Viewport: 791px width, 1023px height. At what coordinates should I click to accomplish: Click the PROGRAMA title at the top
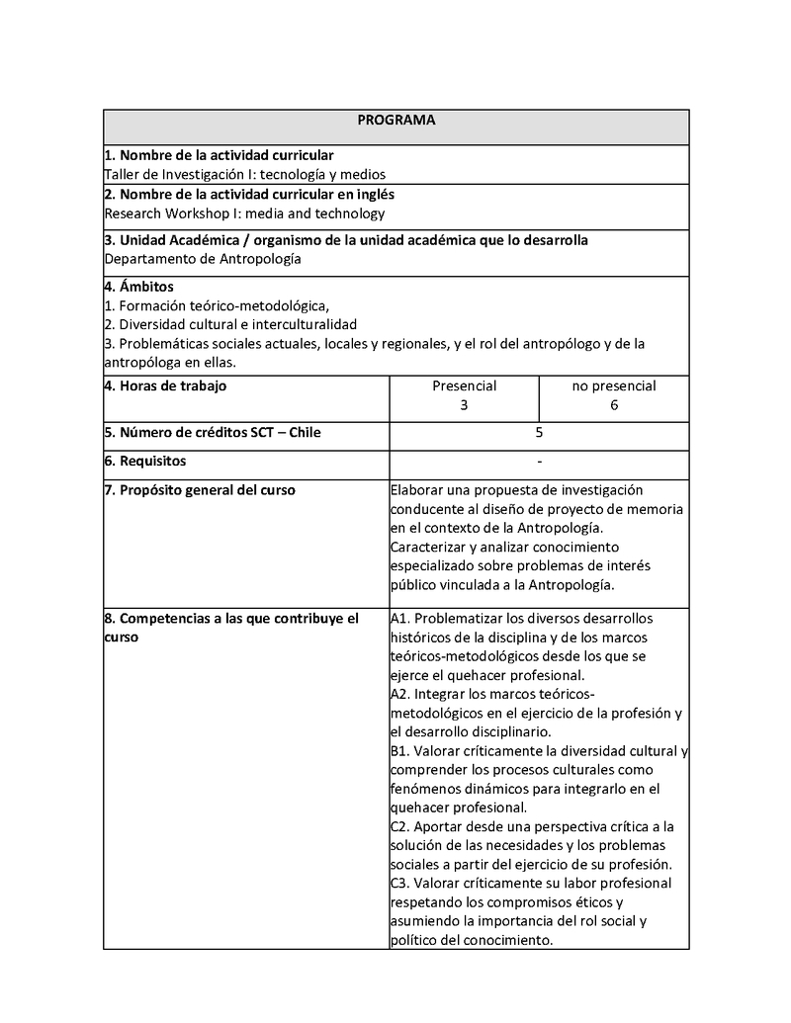[x=395, y=120]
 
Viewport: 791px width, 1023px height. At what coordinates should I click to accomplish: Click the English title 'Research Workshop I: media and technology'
[x=244, y=213]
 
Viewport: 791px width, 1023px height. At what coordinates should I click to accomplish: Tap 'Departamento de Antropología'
[x=202, y=259]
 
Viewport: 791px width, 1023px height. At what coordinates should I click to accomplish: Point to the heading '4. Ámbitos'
[x=138, y=287]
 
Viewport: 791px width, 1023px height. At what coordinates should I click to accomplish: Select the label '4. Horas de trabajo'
[x=165, y=385]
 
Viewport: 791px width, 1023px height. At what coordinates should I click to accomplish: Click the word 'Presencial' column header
[x=464, y=385]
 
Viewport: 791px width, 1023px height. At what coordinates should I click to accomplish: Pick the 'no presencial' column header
[x=614, y=385]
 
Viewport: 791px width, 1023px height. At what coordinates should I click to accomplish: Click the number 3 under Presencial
[x=464, y=405]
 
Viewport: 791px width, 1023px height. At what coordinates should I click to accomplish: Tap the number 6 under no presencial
[x=614, y=405]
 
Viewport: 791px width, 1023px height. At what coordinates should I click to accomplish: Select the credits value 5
[x=539, y=432]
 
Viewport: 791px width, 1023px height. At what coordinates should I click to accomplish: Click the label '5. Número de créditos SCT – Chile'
[x=213, y=432]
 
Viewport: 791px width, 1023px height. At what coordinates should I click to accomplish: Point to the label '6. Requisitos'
[x=145, y=461]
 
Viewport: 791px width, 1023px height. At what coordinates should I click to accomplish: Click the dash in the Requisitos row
[x=539, y=461]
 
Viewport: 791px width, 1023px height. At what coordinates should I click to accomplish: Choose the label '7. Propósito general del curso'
[x=200, y=490]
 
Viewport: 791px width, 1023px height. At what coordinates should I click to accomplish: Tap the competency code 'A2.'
[x=400, y=695]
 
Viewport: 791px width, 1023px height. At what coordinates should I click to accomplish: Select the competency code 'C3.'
[x=400, y=883]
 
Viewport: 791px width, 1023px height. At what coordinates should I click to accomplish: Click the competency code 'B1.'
[x=400, y=751]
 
